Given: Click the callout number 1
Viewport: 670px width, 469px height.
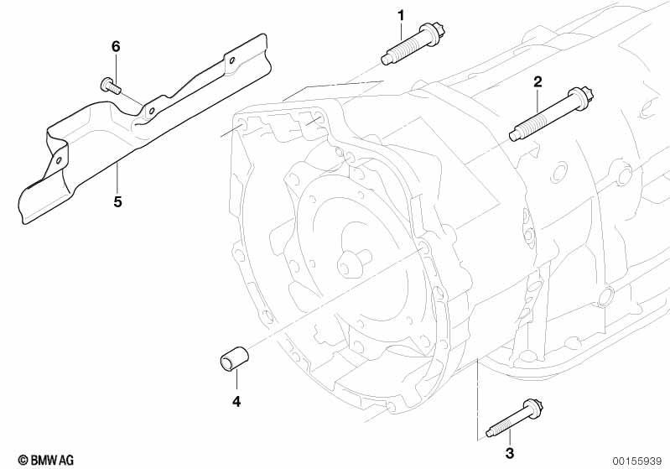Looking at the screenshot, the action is click(400, 16).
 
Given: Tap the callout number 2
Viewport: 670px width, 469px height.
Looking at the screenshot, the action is click(538, 81).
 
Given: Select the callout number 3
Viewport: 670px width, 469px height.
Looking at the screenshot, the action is click(509, 453).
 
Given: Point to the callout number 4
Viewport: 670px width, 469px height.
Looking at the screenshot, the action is click(236, 401).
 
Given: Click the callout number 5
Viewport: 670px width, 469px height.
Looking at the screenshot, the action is click(117, 201).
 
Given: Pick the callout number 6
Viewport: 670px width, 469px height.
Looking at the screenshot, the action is click(116, 46).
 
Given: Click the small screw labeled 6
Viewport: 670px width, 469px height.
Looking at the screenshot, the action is click(111, 85).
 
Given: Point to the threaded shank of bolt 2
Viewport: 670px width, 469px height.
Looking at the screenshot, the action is click(542, 120).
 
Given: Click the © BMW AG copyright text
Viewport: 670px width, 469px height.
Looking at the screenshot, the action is click(46, 460).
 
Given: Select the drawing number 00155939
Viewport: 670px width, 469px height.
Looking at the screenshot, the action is click(637, 461).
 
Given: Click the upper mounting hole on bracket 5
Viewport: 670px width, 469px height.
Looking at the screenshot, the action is click(232, 60).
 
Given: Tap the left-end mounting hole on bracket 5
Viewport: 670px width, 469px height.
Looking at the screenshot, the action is click(59, 160).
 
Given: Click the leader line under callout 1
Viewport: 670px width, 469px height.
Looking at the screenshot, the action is click(401, 31).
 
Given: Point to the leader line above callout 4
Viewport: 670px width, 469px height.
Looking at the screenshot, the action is click(236, 383).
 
